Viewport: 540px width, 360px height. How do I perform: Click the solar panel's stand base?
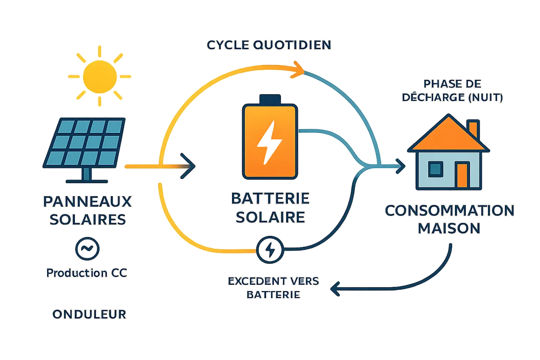click(x=86, y=181)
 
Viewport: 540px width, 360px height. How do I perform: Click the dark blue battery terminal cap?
click(x=269, y=99)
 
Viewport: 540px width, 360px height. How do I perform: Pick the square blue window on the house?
click(x=435, y=169)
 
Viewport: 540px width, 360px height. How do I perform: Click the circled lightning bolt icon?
click(x=270, y=250)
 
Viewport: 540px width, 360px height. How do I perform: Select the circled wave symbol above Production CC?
click(x=87, y=249)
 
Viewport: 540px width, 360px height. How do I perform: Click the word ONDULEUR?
click(x=89, y=314)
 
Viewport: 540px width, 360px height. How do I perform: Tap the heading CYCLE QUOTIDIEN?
click(x=269, y=45)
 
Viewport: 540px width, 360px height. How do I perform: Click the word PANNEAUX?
click(x=87, y=202)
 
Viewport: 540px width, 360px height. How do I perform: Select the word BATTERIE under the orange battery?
click(x=270, y=199)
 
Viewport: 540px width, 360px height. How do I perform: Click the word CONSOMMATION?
click(x=450, y=211)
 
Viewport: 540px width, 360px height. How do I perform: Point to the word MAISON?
click(x=450, y=229)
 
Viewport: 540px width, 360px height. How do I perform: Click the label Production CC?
click(x=86, y=273)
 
